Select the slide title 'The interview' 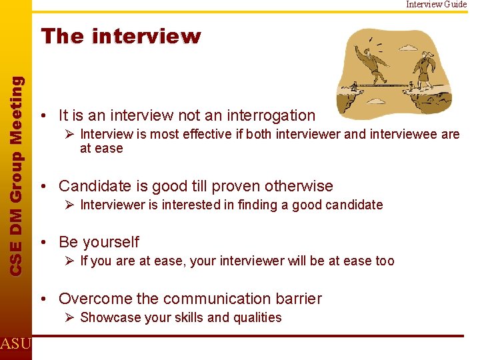[121, 37]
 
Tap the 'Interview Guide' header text [437, 5]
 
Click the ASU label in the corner [15, 344]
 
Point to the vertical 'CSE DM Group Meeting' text [17, 174]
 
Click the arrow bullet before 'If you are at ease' [71, 261]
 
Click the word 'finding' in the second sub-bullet [243, 205]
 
